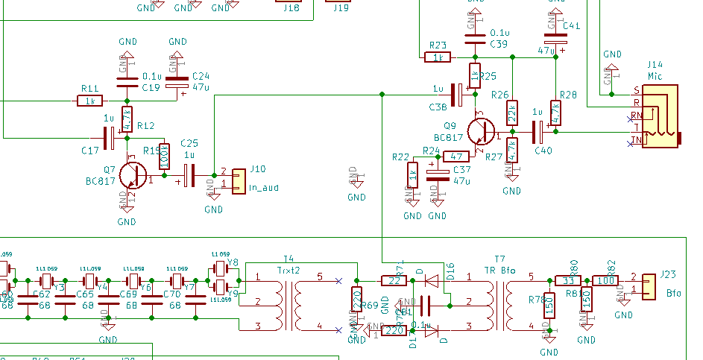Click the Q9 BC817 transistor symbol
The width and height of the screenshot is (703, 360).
(482, 130)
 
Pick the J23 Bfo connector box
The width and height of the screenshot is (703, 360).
(648, 283)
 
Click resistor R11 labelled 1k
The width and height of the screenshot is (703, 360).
(91, 101)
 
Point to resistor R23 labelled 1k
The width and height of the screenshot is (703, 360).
(437, 57)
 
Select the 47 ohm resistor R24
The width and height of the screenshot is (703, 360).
(455, 157)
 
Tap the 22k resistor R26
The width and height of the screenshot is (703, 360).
(512, 113)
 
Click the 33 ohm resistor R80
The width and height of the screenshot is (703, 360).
(567, 280)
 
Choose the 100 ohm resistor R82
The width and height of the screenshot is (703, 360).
(605, 280)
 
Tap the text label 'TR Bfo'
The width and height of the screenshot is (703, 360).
(500, 269)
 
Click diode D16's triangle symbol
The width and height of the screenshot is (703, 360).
(430, 280)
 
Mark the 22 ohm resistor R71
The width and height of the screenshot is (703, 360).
(393, 280)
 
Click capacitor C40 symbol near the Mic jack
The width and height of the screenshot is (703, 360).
(538, 133)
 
